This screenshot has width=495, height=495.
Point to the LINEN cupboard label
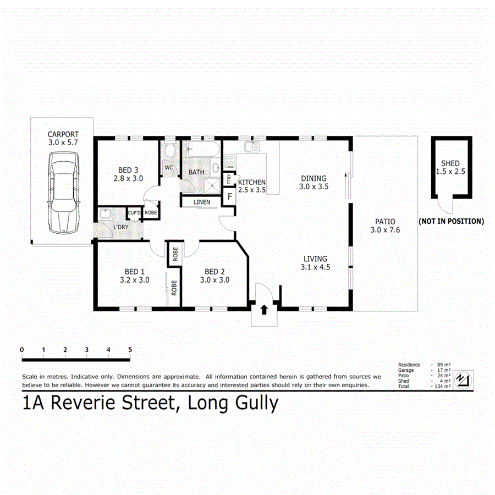(202, 202)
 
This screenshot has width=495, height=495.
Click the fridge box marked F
(230, 196)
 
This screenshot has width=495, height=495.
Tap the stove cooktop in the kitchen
(229, 162)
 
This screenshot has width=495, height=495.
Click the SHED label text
(450, 163)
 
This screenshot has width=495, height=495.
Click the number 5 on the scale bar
(130, 349)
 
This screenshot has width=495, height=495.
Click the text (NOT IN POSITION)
(451, 222)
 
